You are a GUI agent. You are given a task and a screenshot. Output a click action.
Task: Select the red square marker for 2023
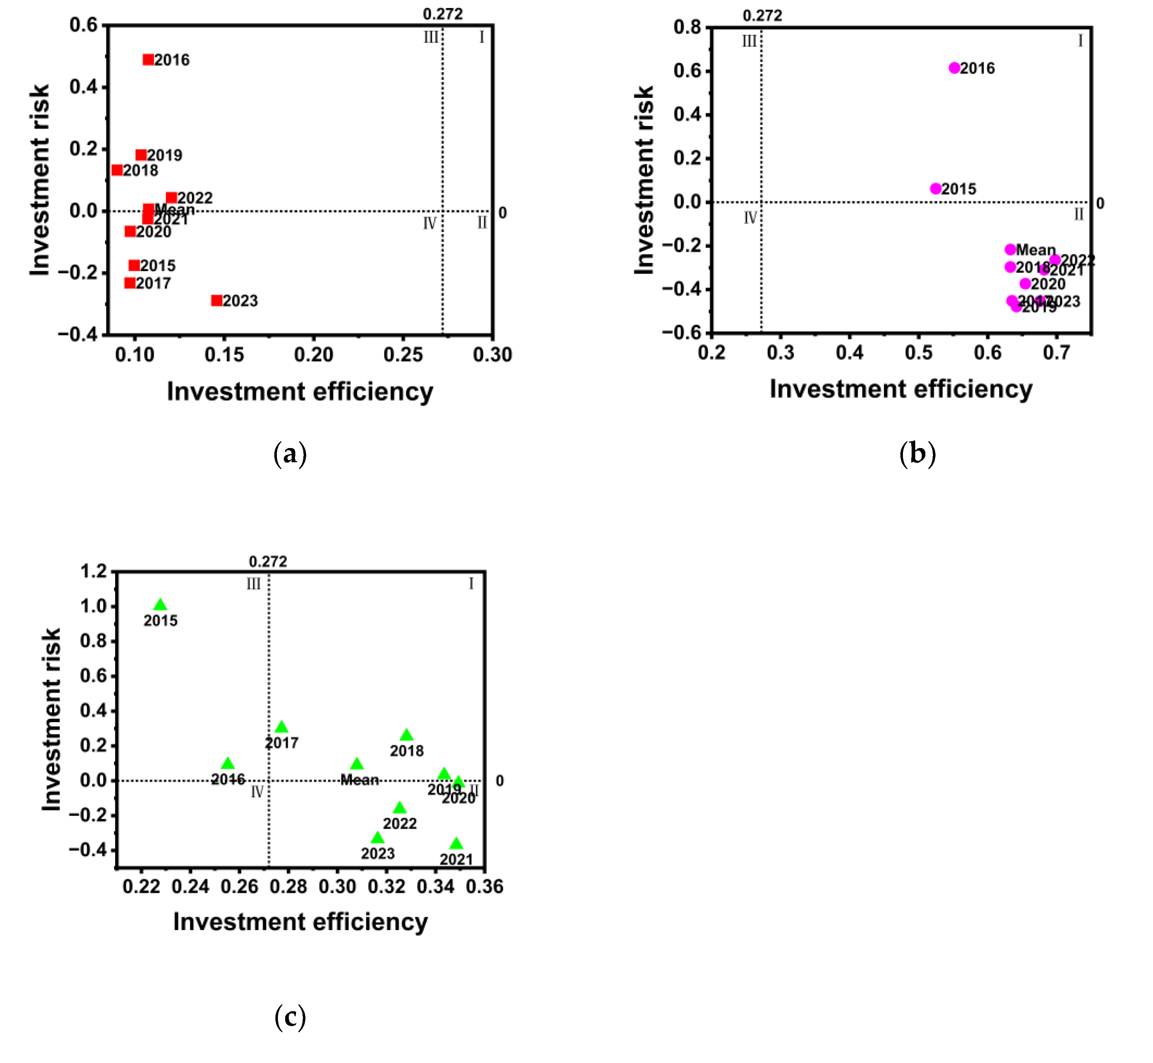[x=217, y=300]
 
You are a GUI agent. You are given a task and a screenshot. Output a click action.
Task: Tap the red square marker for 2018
[x=117, y=170]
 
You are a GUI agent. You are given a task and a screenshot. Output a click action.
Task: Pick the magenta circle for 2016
[x=955, y=68]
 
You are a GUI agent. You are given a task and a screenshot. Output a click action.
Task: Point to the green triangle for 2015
[x=160, y=604]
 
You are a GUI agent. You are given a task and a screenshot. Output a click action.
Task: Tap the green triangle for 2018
[x=406, y=735]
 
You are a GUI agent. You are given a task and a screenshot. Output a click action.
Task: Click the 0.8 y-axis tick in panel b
[x=687, y=27]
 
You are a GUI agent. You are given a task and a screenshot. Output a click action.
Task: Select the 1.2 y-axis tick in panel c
[x=94, y=571]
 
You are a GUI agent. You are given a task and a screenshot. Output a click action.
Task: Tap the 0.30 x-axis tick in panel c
[x=338, y=886]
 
